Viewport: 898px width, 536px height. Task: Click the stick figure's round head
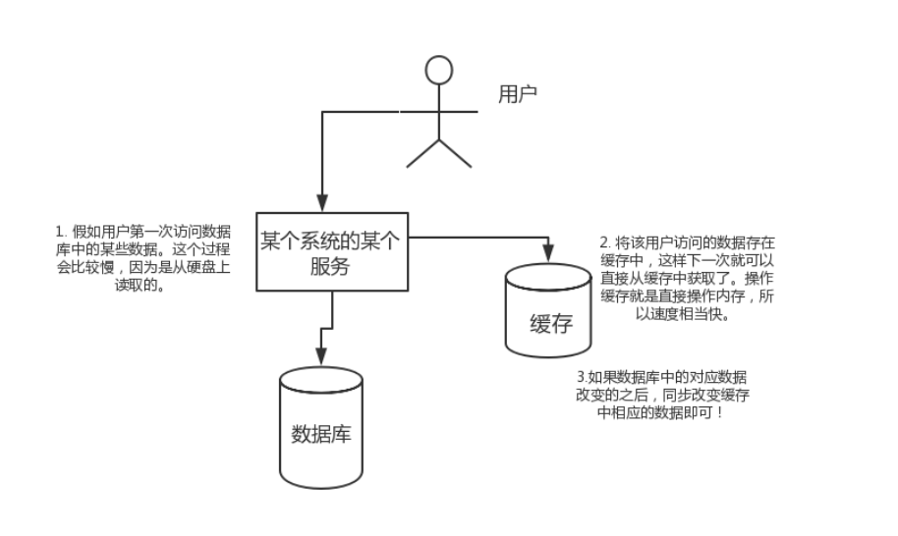click(439, 70)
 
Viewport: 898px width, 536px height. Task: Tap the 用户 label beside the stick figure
click(518, 94)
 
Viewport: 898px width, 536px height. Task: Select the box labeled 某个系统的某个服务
click(333, 251)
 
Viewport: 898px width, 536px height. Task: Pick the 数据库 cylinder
click(321, 429)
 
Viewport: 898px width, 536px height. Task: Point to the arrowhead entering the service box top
click(321, 204)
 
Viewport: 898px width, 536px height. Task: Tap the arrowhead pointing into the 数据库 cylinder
click(321, 359)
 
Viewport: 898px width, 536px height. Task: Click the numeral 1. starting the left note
click(61, 232)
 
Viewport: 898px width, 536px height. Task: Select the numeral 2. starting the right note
click(604, 241)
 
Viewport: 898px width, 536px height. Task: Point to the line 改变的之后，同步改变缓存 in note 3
click(667, 396)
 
